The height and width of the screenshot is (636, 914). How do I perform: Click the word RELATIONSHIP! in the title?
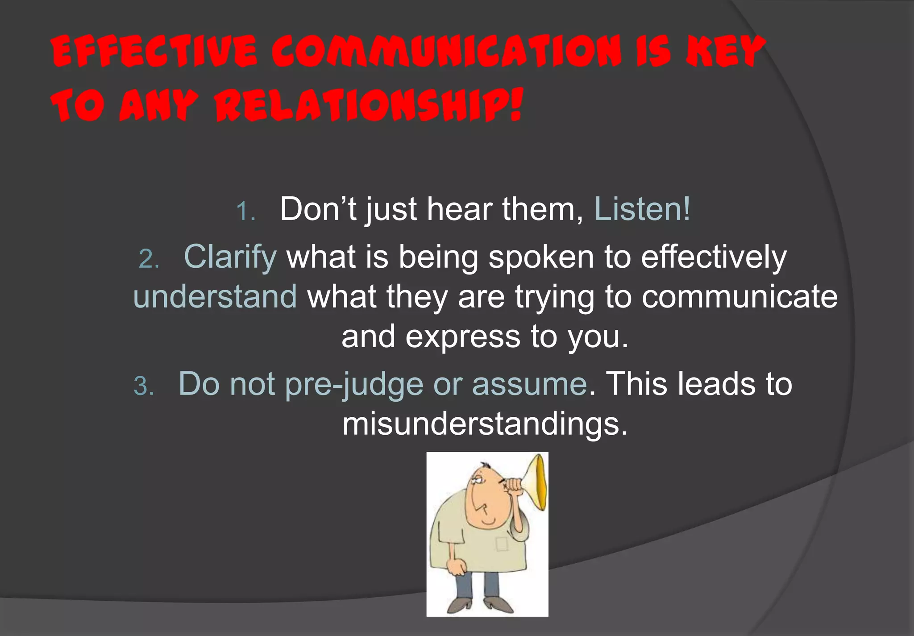point(368,106)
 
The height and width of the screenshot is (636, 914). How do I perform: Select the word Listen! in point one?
point(642,209)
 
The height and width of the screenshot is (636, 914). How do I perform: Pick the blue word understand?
point(215,296)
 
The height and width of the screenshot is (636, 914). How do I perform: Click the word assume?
point(529,384)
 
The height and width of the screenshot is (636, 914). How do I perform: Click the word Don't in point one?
point(318,209)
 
